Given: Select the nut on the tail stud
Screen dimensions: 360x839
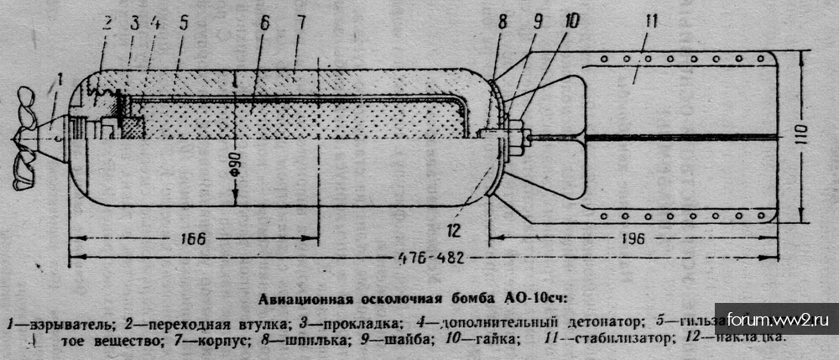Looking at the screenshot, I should pos(518,135).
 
